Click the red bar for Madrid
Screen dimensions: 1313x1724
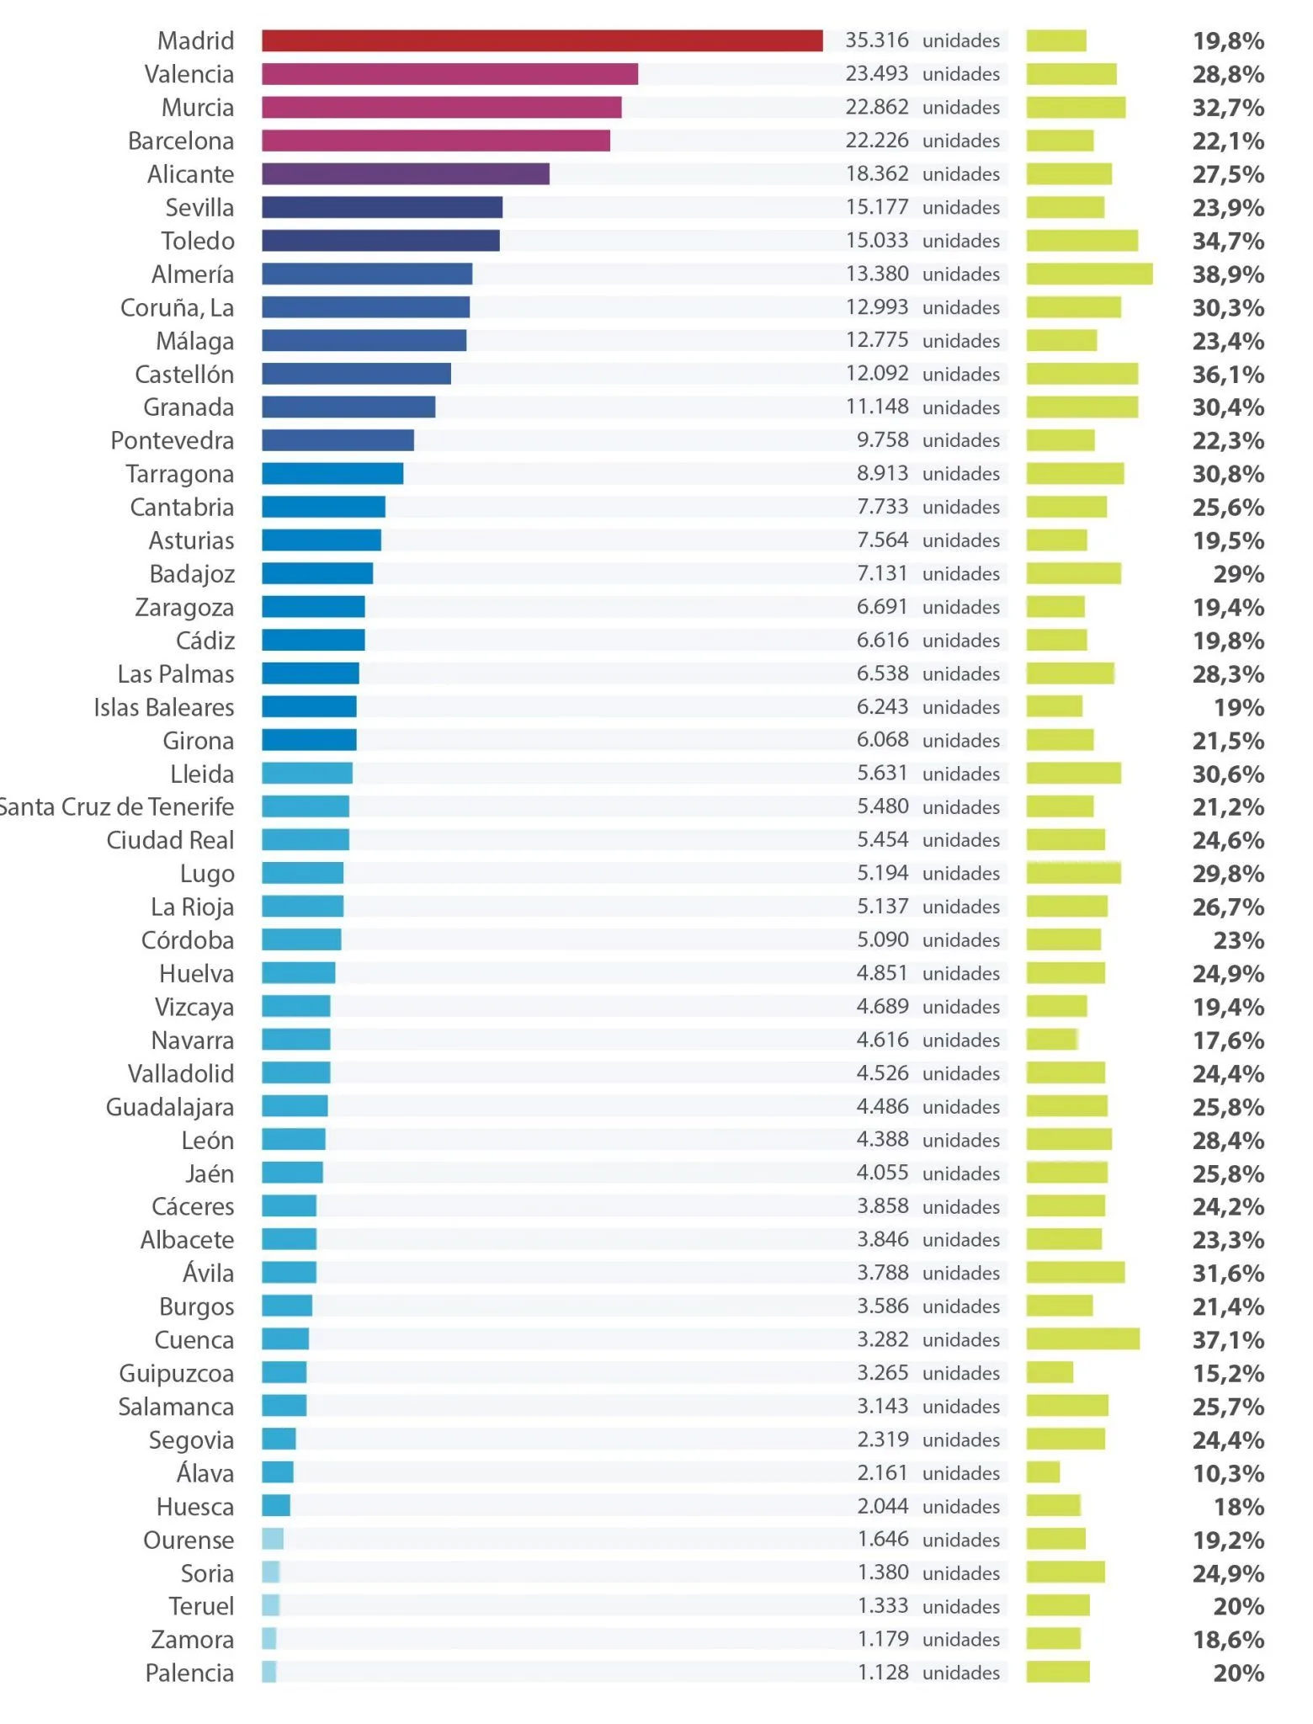click(542, 40)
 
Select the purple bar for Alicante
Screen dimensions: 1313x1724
click(406, 174)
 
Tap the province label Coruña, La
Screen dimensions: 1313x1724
click(178, 308)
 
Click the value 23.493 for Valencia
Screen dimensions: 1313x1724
click(877, 74)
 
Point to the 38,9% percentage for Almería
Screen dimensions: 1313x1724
click(1228, 274)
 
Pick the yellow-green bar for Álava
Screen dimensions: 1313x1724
click(1043, 1472)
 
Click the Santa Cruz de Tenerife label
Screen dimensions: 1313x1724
click(117, 807)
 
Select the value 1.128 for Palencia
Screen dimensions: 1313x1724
click(883, 1673)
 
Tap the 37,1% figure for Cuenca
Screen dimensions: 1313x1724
click(1228, 1340)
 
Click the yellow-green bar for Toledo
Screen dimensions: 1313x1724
click(1082, 241)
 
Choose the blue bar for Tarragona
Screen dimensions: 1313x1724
click(332, 474)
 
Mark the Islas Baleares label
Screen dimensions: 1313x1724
click(164, 708)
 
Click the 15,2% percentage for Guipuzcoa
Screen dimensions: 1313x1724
click(1228, 1374)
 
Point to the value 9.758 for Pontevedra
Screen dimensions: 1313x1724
click(883, 440)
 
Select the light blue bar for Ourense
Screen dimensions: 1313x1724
click(273, 1539)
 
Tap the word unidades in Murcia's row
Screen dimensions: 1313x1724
click(961, 108)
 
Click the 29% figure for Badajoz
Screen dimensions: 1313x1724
click(1239, 574)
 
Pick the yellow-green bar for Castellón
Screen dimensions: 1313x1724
click(1082, 374)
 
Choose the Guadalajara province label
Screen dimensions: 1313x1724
click(170, 1108)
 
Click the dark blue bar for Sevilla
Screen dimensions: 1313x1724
click(382, 207)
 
